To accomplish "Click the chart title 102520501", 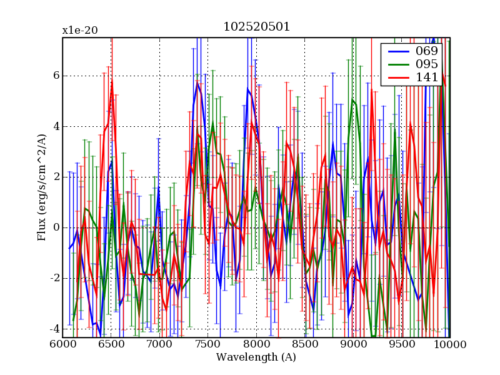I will point(256,27).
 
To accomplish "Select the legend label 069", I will point(427,51).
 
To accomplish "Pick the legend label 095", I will point(427,64).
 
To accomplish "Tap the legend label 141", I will point(427,77).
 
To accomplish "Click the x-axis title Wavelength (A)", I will point(256,357).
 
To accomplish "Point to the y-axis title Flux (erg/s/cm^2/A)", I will point(42,188).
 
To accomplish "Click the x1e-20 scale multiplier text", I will point(79,30).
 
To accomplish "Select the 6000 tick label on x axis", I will point(62,344).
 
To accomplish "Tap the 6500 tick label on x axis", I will point(111,344).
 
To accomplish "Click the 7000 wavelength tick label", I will point(159,344).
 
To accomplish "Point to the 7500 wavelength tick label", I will point(208,344).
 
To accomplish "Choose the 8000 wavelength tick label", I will point(256,344).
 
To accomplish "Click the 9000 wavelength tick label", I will point(353,344).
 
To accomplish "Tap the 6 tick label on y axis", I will point(55,76).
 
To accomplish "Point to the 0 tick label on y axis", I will point(55,227).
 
